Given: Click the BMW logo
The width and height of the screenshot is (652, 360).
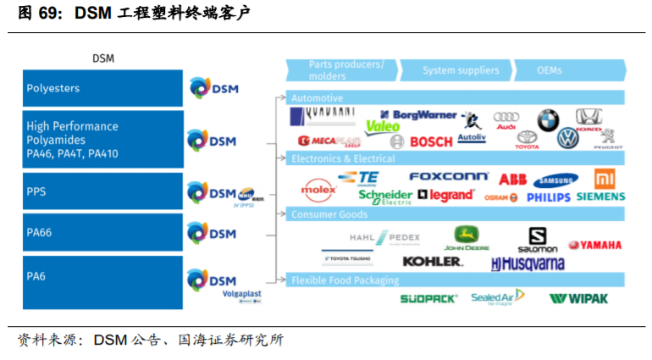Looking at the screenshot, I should pos(548,119).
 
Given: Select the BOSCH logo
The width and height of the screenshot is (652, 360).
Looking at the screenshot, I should pos(430,141).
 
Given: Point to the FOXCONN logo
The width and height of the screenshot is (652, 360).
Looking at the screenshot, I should pos(448,176).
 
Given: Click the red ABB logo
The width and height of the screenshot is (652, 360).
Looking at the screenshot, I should pos(512,179).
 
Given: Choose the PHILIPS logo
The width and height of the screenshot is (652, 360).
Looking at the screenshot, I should pos(548,197).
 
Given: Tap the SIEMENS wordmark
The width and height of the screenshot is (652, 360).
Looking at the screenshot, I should pos(600,197).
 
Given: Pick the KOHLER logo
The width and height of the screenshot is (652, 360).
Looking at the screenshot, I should pos(433,262).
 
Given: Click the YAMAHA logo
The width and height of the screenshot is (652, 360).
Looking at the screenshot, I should pos(595,245).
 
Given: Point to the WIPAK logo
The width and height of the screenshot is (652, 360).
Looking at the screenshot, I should pos(578,298).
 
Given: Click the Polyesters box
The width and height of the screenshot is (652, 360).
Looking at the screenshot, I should pos(102,88).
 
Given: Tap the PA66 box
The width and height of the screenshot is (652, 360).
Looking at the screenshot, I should pos(102,232).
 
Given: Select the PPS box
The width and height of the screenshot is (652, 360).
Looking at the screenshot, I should pos(102,192).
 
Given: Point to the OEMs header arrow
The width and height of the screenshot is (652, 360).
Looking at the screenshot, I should pos(567,69).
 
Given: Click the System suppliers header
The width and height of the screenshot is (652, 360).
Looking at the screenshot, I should pos(461,69).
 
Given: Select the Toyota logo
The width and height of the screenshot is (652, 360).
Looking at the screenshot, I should pos(527,139).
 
